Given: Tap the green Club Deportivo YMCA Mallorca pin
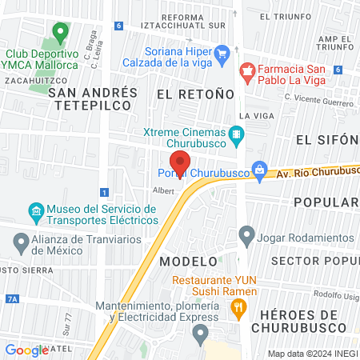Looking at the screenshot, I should (59, 34).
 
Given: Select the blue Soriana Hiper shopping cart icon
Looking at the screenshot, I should (224, 54).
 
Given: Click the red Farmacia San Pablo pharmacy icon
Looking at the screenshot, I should (247, 70).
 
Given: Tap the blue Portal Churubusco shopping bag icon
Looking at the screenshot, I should (259, 169).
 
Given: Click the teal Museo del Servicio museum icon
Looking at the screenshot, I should (35, 213).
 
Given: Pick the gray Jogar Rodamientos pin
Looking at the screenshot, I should (247, 238).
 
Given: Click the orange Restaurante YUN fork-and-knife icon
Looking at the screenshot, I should (238, 310).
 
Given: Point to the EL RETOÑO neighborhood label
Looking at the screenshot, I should (196, 94).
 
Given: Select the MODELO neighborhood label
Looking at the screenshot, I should (188, 262).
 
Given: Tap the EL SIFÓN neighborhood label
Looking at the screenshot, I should (325, 139).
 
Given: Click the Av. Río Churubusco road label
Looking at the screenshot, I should (317, 171).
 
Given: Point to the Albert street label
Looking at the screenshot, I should (163, 190).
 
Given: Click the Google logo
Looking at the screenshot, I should (26, 350).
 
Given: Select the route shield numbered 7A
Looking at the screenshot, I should (11, 298).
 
